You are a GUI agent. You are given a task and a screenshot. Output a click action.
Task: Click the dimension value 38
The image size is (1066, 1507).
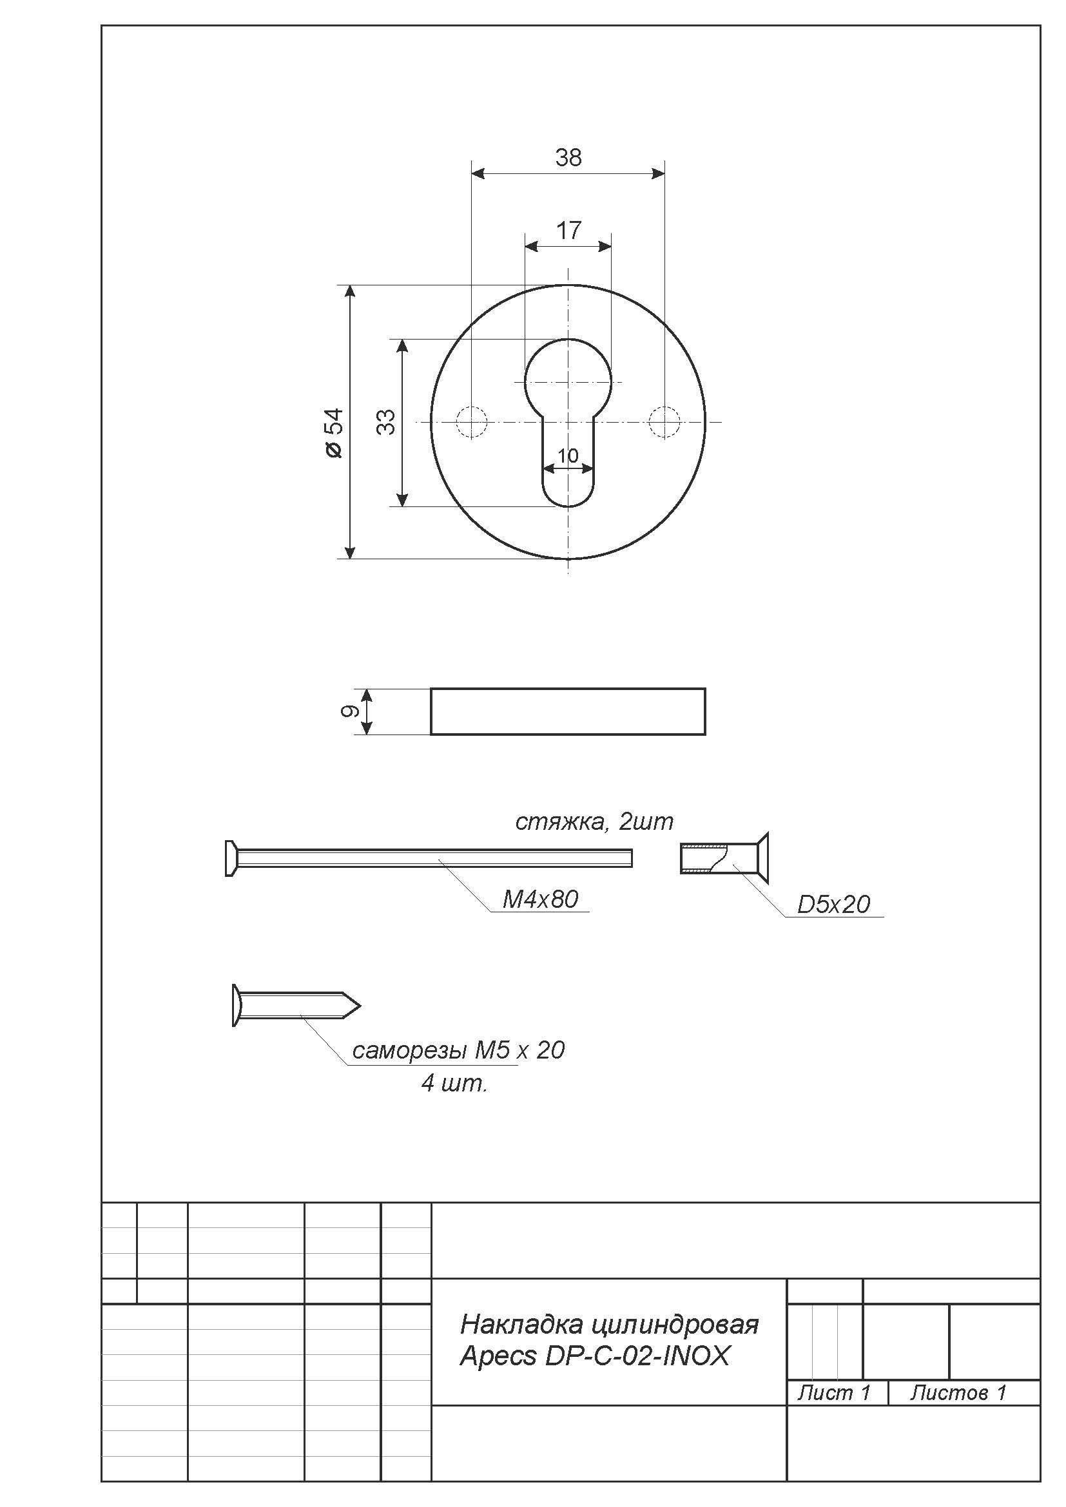(x=568, y=157)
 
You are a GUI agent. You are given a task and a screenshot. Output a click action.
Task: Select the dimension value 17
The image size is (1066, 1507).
(x=568, y=231)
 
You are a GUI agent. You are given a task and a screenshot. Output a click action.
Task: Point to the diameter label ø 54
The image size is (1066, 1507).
(x=333, y=433)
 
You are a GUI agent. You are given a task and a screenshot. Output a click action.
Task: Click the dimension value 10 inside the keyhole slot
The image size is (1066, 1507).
(x=568, y=456)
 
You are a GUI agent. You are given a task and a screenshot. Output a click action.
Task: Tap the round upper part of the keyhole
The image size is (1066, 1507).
(x=568, y=339)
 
